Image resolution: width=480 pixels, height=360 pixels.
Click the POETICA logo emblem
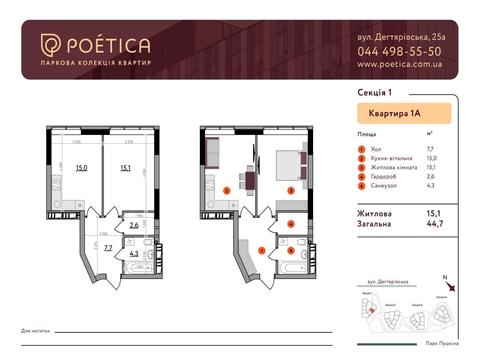pos(50,46)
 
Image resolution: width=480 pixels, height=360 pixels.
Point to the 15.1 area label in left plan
pos(127,169)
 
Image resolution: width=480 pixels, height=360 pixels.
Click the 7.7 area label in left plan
pos(108,247)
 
